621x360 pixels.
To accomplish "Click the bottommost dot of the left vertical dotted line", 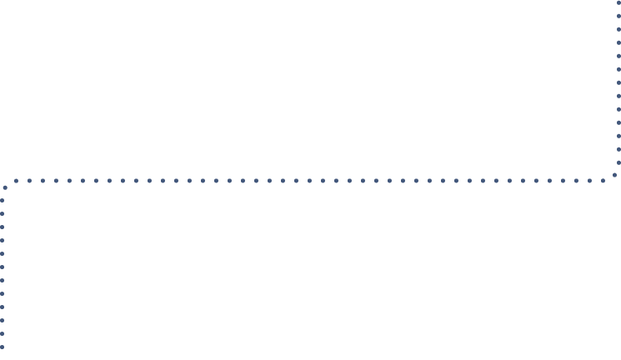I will [x=3, y=347].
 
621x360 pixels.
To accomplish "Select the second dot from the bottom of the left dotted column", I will [x=3, y=333].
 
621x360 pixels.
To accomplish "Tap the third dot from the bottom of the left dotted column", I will [x=3, y=320].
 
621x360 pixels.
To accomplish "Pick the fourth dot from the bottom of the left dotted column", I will [x=3, y=307].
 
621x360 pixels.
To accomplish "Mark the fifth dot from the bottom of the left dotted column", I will [x=3, y=293].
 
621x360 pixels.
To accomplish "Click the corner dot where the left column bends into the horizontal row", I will [x=6, y=187].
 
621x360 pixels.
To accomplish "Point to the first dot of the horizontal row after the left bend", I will [x=16, y=180].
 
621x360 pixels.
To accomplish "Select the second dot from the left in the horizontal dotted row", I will [x=29, y=180].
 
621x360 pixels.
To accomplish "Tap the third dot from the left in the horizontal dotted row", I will [x=43, y=180].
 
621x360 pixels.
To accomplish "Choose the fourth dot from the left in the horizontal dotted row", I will [x=56, y=180].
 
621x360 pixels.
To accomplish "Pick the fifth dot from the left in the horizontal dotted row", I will [x=69, y=180].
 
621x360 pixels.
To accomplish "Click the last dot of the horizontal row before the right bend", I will [x=603, y=180].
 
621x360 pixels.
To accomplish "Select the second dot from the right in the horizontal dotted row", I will [x=589, y=180].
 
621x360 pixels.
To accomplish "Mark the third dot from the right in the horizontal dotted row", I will [x=576, y=180].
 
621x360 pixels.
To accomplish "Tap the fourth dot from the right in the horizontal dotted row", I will [x=563, y=180].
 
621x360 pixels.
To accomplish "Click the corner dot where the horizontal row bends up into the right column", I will [x=615, y=175].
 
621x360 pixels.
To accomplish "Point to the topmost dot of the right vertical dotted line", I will [x=618, y=3].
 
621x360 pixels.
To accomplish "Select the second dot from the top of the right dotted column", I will [x=618, y=17].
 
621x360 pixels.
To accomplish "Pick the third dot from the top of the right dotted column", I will [x=618, y=30].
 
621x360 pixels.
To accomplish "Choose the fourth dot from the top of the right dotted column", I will [x=618, y=43].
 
